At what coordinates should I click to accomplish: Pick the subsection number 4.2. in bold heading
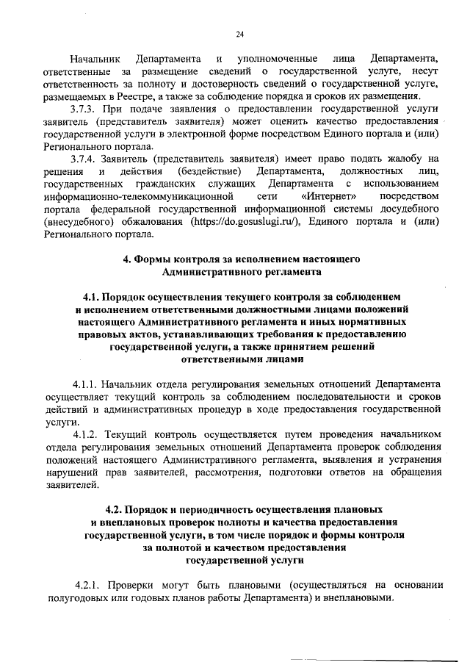coord(116,508)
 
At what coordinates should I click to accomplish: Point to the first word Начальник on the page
coord(95,59)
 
